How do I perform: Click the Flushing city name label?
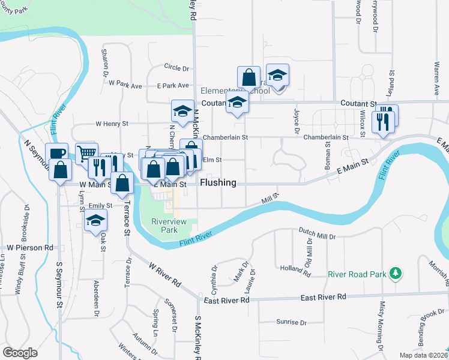[x=218, y=182]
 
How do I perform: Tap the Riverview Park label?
[x=169, y=226]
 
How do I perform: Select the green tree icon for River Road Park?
[x=395, y=274]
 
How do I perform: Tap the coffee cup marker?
[x=57, y=154]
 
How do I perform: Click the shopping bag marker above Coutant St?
[x=249, y=77]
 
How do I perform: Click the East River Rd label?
[x=324, y=297]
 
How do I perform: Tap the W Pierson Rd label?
[x=30, y=247]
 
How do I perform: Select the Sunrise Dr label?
[x=291, y=322]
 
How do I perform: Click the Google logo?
[x=20, y=353]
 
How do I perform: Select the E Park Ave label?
[x=172, y=86]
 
